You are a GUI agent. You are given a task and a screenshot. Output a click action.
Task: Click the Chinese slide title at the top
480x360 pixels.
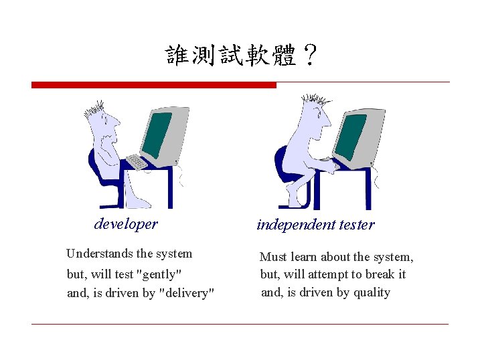tap(241, 55)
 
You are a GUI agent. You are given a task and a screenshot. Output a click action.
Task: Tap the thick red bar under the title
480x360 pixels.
tap(153, 85)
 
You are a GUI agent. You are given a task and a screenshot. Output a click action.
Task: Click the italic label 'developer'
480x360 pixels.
tap(126, 223)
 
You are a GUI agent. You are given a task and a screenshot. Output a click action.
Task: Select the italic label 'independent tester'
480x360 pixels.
tap(315, 225)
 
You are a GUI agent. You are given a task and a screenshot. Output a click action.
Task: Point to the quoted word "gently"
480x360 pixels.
tap(159, 274)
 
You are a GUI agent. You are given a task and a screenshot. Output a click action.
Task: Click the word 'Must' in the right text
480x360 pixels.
tap(273, 257)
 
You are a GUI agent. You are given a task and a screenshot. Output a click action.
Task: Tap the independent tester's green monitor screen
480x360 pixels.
tap(350, 137)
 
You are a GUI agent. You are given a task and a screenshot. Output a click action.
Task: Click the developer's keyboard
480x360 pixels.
tap(137, 161)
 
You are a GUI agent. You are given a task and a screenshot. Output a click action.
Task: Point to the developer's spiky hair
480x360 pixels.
tap(94, 109)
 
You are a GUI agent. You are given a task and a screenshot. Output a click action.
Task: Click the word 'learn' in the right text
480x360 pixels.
tap(305, 257)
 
